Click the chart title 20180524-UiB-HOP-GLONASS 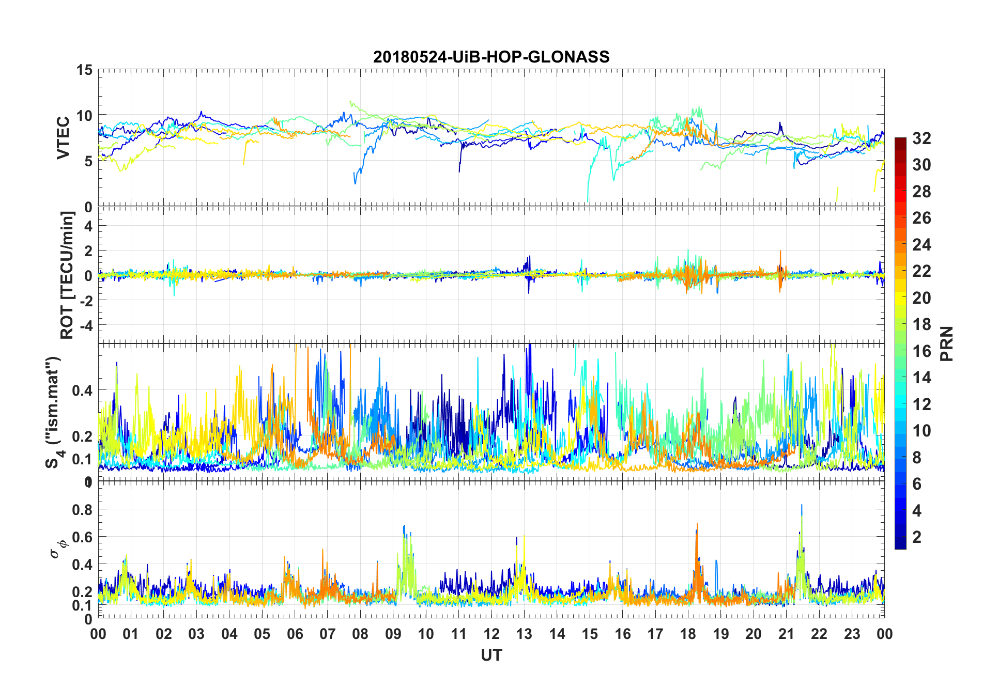(491, 57)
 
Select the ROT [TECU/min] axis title (67, 275)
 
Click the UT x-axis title (491, 655)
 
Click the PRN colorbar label (946, 343)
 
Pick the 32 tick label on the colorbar (921, 138)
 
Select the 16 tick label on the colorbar (921, 351)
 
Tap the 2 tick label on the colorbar (917, 537)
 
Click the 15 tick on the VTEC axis (84, 70)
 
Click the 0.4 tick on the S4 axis (82, 391)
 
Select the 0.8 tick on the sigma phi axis (82, 509)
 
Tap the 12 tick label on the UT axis (491, 634)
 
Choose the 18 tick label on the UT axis (688, 634)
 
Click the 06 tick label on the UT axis (295, 634)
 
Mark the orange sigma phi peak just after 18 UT (697, 525)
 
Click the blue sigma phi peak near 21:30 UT (802, 506)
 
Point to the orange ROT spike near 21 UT (780, 252)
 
